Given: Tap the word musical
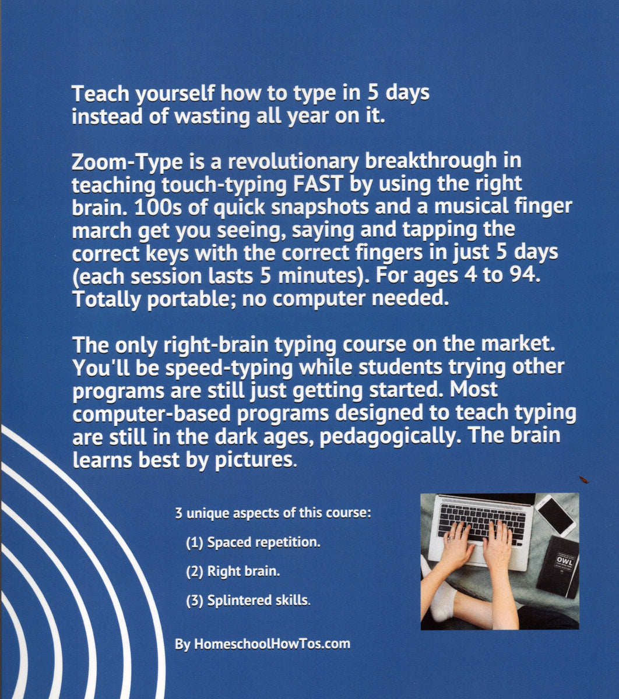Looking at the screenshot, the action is tap(471, 207).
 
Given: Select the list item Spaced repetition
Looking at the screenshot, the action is tap(253, 543).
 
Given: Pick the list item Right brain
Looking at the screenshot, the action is tap(233, 571).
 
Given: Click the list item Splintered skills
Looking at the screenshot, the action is tap(248, 601).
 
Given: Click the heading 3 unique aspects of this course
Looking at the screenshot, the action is tap(273, 513).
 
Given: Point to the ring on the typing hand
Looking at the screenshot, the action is tap(452, 538).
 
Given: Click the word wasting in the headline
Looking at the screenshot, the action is tap(212, 117).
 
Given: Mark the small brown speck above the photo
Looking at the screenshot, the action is tap(584, 479).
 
